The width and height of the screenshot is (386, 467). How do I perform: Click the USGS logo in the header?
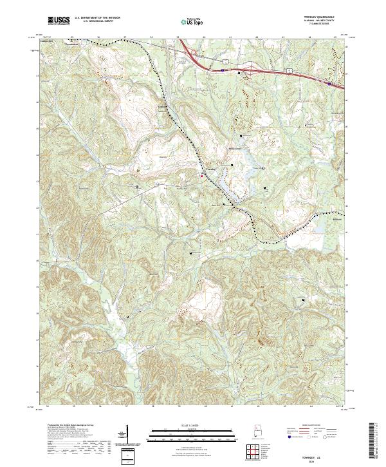point(59,21)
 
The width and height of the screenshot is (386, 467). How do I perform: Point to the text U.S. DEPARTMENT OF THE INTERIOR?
point(98,18)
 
